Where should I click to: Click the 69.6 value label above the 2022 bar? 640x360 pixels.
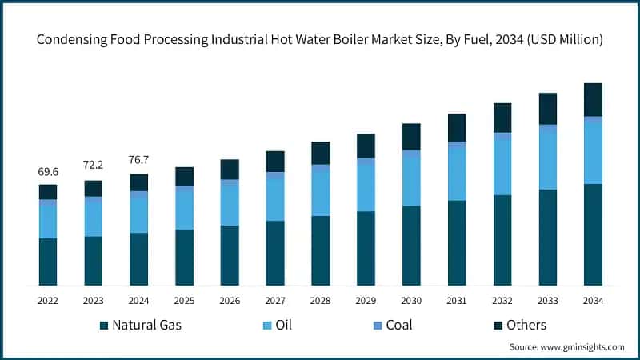(x=48, y=172)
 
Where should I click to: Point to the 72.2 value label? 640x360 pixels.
(x=94, y=165)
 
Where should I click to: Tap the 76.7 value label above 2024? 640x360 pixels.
(x=139, y=159)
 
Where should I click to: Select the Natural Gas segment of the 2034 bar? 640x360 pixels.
(x=593, y=234)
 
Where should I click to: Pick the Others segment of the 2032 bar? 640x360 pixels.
(x=502, y=118)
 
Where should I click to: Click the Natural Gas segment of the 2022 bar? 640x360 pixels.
(x=48, y=262)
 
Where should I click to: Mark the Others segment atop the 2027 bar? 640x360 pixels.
(x=275, y=161)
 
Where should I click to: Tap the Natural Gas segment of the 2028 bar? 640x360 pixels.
(x=320, y=250)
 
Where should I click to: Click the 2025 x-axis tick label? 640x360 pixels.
(x=184, y=301)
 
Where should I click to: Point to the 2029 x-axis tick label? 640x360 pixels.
(x=366, y=301)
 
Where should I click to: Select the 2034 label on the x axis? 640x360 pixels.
(x=593, y=301)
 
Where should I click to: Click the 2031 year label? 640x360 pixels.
(x=457, y=301)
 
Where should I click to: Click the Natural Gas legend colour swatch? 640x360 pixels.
(x=103, y=326)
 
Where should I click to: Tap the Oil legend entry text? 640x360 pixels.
(x=283, y=325)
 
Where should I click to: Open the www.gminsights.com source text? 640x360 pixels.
(x=583, y=347)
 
